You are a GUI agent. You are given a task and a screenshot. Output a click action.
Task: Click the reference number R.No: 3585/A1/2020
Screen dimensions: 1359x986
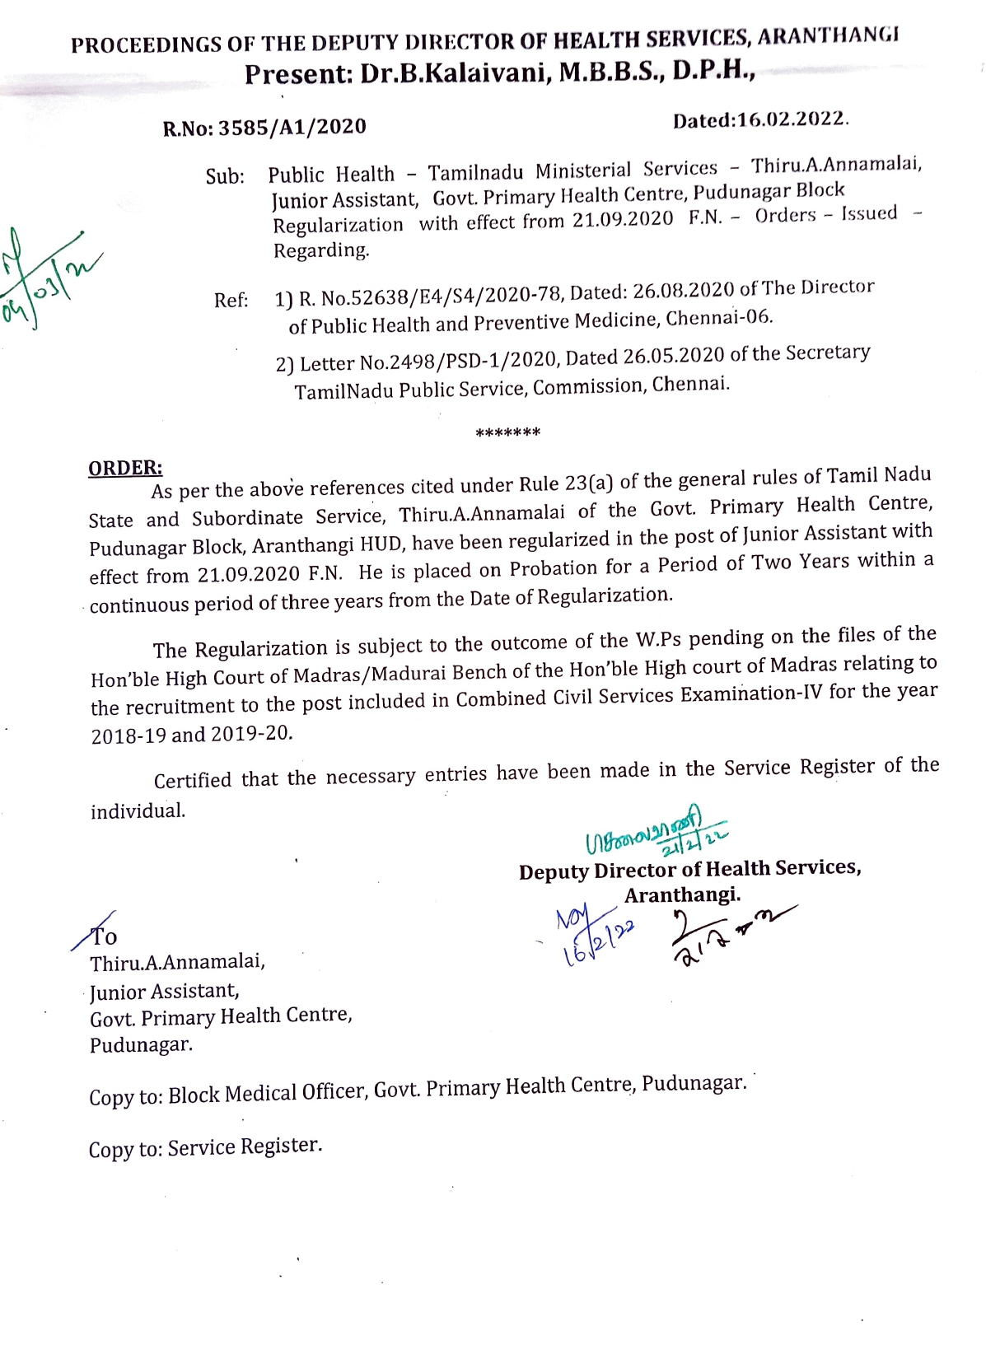tap(264, 127)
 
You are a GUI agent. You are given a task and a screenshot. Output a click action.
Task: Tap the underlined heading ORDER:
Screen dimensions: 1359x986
tap(125, 468)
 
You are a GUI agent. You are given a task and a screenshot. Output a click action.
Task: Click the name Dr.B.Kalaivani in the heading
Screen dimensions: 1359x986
tap(456, 73)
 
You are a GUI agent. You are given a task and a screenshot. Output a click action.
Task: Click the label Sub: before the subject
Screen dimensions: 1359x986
tap(225, 177)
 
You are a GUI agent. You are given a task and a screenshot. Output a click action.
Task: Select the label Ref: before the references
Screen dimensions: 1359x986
tap(231, 301)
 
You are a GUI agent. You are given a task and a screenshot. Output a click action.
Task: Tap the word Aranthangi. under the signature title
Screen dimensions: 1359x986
tap(682, 895)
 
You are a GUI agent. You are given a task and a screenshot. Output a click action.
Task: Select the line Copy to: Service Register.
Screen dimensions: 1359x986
tap(205, 1147)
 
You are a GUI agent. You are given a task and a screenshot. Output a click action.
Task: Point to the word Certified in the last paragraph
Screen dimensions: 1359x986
tap(193, 780)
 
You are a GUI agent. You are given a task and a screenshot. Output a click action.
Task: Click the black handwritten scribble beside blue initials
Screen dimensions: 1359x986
tap(725, 935)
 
